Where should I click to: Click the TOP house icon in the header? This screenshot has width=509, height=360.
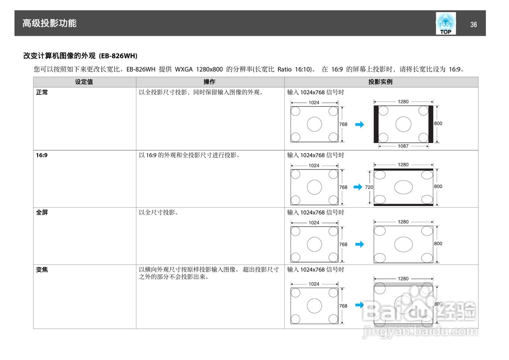coord(445,23)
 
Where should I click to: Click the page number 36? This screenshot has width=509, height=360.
coord(473,25)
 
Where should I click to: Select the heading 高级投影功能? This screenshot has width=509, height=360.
coord(49,23)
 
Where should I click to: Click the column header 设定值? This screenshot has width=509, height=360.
coord(84,82)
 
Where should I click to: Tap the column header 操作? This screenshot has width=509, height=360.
coord(210,82)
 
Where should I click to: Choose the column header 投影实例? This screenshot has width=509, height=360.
coord(381,82)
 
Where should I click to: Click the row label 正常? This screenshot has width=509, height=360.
coord(42,92)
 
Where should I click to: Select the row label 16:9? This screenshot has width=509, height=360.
coord(42,155)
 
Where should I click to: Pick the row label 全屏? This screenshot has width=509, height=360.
coord(42,212)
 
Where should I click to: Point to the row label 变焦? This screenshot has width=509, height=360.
coord(42,270)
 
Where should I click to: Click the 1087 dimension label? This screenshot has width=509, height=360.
coord(403,146)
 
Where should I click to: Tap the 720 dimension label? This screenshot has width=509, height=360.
coord(369,187)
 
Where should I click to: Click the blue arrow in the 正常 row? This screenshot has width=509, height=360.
coord(359,125)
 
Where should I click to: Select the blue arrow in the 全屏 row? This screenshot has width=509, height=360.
coord(359,244)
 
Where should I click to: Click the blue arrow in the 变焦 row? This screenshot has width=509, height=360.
coord(359,305)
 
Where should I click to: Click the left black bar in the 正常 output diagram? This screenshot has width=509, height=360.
coord(376,124)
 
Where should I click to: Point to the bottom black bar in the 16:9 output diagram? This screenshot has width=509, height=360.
coord(403,204)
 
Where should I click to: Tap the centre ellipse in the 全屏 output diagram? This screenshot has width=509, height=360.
coord(403,244)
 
